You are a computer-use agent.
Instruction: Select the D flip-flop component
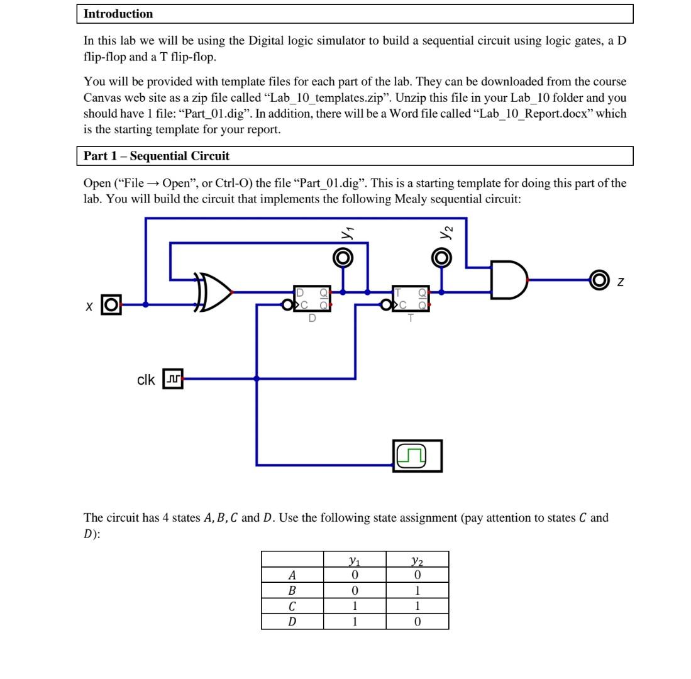point(312,298)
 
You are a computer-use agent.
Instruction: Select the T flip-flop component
point(411,298)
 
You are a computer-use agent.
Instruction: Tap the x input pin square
point(111,305)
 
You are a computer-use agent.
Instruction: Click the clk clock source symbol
point(173,379)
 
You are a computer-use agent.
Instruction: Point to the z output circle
point(599,280)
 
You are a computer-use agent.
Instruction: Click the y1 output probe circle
point(343,258)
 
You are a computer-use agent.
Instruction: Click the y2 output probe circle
point(441,258)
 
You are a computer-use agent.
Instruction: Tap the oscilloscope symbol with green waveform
point(417,456)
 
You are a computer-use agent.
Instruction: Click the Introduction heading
point(118,14)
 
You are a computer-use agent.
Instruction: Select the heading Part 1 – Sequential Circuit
point(157,156)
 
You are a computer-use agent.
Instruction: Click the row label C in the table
point(292,606)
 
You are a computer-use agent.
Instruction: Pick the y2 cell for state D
point(417,622)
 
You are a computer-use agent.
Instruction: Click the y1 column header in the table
point(355,560)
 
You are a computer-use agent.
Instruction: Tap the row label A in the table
point(292,575)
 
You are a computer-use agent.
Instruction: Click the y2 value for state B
point(417,590)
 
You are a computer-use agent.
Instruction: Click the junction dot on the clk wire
point(257,379)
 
